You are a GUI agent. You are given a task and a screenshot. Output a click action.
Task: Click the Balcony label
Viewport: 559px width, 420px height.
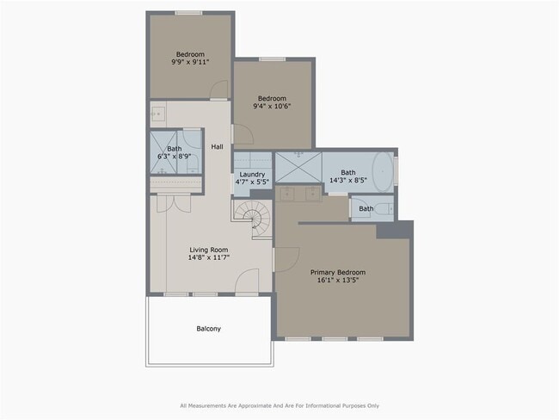pos(209,329)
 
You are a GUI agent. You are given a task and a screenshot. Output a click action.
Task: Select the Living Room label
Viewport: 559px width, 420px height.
pos(210,250)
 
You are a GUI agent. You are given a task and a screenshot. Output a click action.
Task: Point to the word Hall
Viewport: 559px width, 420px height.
pos(217,147)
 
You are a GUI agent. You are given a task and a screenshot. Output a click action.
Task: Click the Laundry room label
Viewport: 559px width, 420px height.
pos(252,174)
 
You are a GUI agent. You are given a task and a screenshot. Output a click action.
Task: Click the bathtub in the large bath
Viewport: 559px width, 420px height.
pos(384,169)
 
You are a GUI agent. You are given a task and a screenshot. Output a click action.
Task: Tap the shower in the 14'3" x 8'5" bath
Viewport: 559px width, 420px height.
pos(298,166)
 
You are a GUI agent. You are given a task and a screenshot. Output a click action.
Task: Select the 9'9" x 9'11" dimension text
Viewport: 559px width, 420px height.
pos(190,63)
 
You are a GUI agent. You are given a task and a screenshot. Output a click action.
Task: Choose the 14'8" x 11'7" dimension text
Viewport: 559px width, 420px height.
pos(210,259)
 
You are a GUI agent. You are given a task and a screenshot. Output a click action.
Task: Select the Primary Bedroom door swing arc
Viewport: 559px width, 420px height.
pos(286,258)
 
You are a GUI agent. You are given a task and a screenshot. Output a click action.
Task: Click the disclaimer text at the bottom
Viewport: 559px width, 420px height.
pos(279,405)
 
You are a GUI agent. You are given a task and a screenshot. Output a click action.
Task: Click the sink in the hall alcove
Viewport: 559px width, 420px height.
pos(158,113)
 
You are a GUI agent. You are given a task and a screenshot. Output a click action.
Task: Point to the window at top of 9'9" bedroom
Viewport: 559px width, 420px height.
pos(188,13)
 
